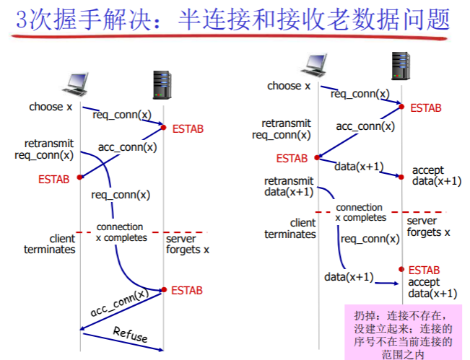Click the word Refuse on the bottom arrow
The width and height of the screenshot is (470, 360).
coord(130,335)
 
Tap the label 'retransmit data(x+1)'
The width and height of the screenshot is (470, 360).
coord(289,186)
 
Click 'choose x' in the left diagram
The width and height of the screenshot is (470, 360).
coord(51,107)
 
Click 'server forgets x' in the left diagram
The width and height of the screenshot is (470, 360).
coord(187,245)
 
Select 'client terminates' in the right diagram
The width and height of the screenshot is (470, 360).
coord(290,229)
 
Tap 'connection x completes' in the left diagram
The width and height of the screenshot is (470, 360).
coord(121,232)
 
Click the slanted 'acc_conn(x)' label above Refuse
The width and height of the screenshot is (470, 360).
coord(119,303)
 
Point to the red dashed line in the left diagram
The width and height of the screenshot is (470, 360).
coord(141,232)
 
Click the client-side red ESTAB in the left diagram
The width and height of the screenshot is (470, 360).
coord(54,180)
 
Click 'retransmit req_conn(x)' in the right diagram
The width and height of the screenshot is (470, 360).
coord(285,129)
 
